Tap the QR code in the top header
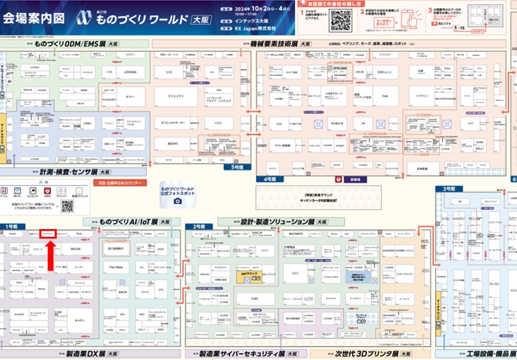tap(341, 20)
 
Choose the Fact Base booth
tap(116, 266)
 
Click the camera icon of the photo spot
tap(178, 200)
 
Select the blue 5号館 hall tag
tap(236, 167)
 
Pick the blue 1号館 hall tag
tap(11, 226)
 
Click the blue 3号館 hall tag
tap(448, 189)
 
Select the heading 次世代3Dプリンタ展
tap(366, 354)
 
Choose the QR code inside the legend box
tap(67, 206)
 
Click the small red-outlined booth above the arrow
tap(49, 233)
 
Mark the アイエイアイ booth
tap(176, 96)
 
